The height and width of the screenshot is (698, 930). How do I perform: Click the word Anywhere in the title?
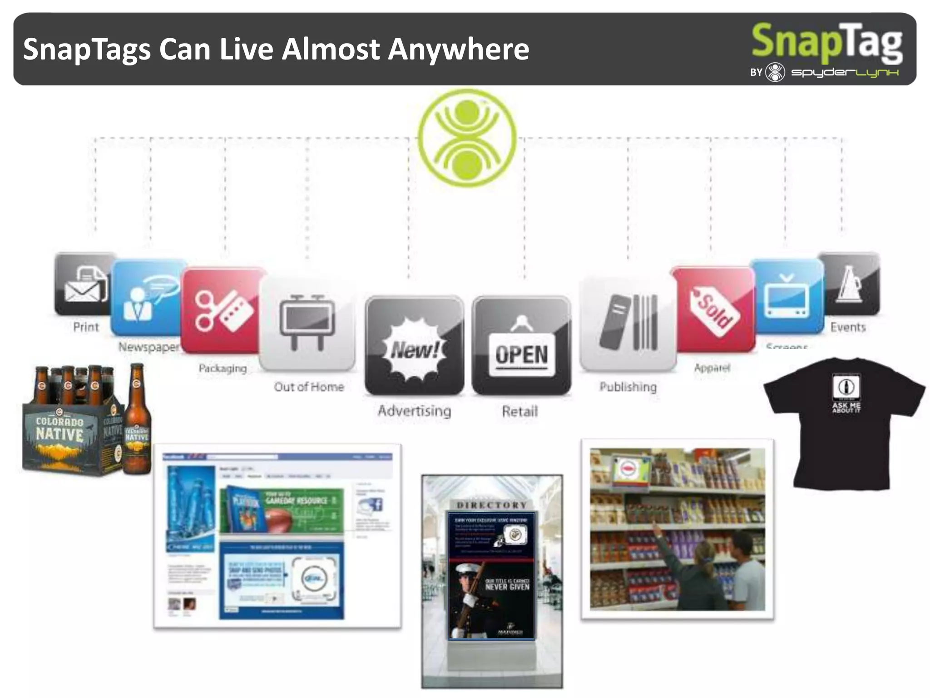click(x=459, y=49)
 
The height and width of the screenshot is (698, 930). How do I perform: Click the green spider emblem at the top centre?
click(x=467, y=137)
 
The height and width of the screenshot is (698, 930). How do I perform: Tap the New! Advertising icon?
click(x=414, y=345)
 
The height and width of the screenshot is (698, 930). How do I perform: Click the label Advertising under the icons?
click(x=414, y=411)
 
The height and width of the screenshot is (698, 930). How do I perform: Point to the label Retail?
click(x=520, y=412)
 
